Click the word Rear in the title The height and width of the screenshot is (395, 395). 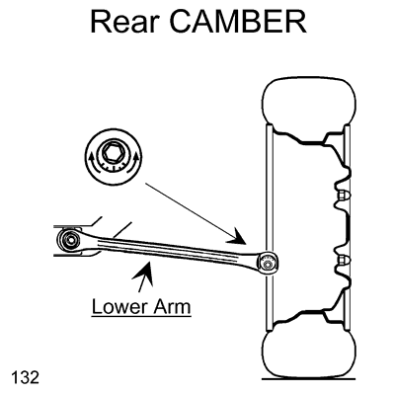click(125, 22)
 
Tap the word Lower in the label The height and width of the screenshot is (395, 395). click(119, 306)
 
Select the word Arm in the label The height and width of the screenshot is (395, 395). click(172, 306)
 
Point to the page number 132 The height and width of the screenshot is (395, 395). click(25, 377)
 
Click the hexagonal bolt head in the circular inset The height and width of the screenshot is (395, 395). click(113, 152)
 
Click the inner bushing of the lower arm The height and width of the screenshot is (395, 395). click(70, 240)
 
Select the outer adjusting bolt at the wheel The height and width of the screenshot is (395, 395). click(269, 264)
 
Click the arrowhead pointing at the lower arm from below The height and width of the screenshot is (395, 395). click(144, 273)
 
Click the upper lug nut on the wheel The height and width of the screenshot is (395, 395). click(345, 196)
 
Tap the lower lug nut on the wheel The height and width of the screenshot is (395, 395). click(345, 260)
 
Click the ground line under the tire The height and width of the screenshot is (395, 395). click(309, 379)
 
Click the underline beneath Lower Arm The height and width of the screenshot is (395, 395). click(141, 317)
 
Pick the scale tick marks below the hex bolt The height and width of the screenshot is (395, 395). click(113, 166)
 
